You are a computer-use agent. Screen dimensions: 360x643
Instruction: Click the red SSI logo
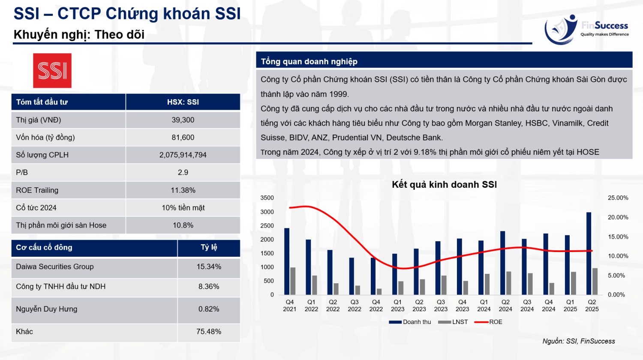click(x=52, y=71)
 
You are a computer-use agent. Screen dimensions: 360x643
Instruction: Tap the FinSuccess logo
click(x=586, y=29)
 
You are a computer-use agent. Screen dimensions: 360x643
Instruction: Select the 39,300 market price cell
click(x=183, y=120)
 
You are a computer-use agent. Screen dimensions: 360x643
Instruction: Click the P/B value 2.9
click(x=183, y=172)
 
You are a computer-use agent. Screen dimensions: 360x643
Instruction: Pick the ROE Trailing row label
click(x=37, y=190)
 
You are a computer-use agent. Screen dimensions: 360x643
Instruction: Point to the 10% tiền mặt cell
click(x=183, y=208)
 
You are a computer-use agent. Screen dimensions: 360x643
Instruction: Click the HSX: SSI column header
click(x=183, y=102)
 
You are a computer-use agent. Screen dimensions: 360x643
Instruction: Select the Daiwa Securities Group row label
click(x=55, y=267)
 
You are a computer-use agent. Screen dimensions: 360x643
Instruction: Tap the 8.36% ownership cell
click(x=209, y=287)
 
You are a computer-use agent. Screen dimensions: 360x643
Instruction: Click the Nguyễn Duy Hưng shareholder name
click(x=47, y=309)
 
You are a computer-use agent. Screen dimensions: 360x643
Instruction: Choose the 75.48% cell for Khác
click(x=209, y=332)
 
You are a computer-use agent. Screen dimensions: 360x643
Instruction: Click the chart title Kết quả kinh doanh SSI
click(x=444, y=185)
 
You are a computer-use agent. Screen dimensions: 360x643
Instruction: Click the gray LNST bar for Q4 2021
click(x=293, y=281)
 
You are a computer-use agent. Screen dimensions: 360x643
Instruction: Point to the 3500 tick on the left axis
click(x=267, y=198)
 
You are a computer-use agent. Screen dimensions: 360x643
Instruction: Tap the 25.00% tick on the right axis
click(x=618, y=198)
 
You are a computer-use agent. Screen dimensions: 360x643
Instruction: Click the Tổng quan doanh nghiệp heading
click(x=309, y=61)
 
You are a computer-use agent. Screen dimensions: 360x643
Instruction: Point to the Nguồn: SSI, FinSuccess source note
click(x=579, y=341)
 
